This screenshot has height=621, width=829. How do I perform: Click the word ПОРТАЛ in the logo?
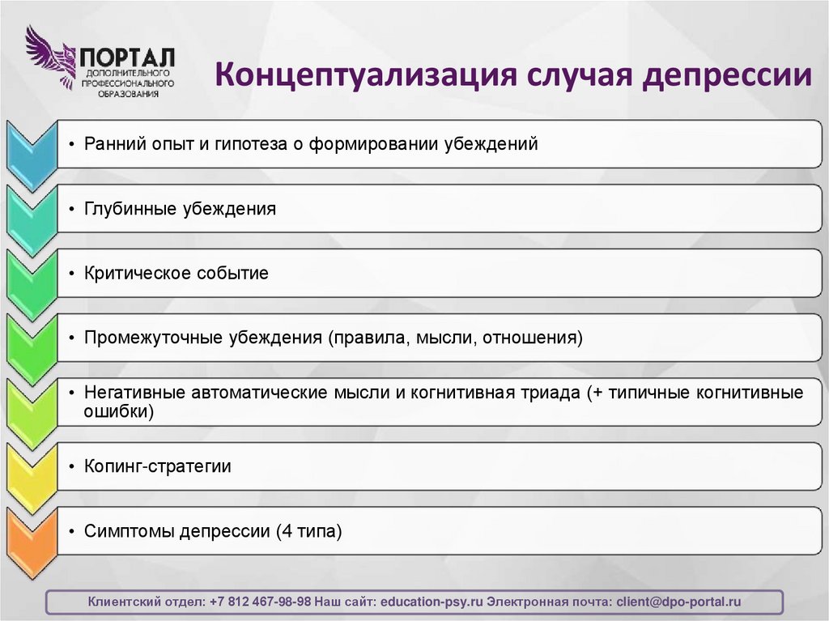[127, 57]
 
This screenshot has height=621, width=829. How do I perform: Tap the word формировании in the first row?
[380, 144]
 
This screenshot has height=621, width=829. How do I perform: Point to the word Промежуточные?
[145, 337]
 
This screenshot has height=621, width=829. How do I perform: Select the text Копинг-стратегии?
[158, 466]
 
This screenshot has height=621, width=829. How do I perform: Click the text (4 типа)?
[308, 532]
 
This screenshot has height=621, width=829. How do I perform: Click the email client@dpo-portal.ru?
[678, 602]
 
